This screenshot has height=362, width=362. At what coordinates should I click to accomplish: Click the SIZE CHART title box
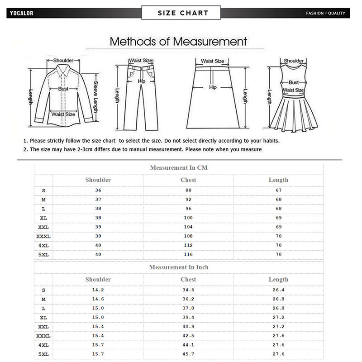[181, 13]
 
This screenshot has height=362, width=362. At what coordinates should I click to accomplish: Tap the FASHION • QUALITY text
[325, 13]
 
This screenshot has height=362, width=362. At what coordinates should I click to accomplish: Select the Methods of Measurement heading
[179, 42]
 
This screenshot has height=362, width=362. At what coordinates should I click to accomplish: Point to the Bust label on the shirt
[63, 89]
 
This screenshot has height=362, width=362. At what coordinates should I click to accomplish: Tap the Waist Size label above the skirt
[212, 61]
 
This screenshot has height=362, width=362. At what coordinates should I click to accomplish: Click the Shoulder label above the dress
[294, 61]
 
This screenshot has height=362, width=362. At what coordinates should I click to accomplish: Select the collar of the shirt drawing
[63, 69]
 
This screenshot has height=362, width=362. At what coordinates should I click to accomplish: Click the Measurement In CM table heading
[179, 168]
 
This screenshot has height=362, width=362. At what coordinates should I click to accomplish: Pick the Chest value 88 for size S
[188, 191]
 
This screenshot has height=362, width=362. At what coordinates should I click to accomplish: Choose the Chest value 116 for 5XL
[188, 255]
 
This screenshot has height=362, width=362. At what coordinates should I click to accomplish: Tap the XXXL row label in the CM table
[43, 236]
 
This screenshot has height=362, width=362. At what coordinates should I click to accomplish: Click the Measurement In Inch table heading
[179, 267]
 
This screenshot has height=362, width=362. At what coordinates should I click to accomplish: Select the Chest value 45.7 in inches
[188, 353]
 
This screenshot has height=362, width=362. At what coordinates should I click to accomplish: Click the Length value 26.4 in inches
[278, 290]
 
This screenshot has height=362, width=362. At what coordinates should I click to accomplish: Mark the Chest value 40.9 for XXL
[188, 326]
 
